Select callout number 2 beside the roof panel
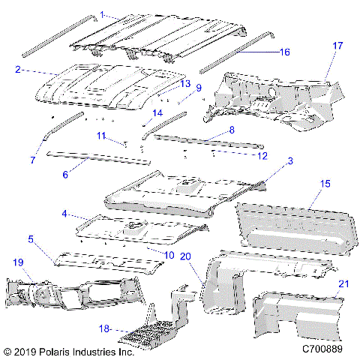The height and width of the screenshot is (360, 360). [16, 69]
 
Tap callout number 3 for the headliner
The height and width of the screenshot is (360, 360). [291, 161]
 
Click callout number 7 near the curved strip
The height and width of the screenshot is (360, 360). [32, 160]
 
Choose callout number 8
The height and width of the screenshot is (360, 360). [232, 130]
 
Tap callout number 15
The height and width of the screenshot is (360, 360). [325, 183]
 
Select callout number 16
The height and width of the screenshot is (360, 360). [284, 52]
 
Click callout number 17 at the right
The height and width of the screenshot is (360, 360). [337, 46]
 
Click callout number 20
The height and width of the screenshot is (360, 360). [186, 256]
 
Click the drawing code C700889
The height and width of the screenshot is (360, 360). [324, 349]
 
